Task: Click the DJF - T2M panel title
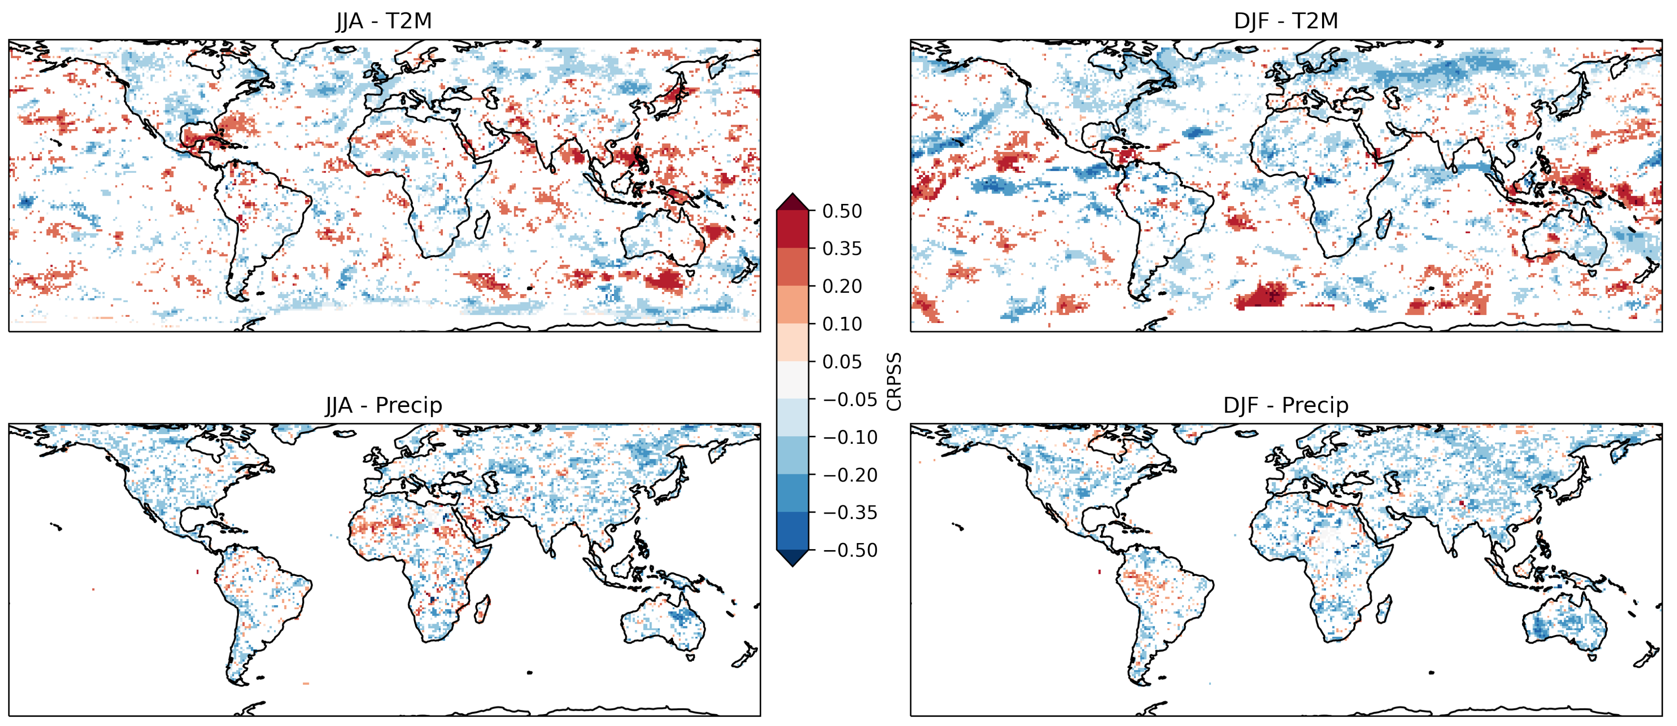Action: click(x=1286, y=21)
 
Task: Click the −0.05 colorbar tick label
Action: click(x=849, y=399)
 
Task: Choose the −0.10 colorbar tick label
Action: click(x=849, y=437)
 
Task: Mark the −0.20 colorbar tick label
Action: click(x=849, y=475)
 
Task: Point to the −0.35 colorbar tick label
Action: click(x=849, y=512)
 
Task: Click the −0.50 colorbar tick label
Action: click(x=849, y=550)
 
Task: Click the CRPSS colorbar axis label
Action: click(x=895, y=381)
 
